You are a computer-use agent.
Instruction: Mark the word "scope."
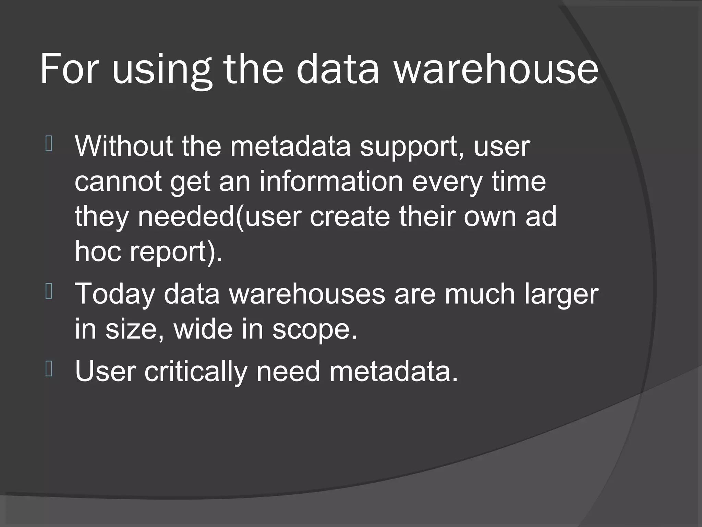click(x=315, y=330)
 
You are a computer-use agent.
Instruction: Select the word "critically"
click(x=195, y=372)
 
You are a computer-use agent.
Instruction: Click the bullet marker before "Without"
click(x=49, y=144)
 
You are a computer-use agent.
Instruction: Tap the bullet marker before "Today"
click(x=49, y=292)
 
